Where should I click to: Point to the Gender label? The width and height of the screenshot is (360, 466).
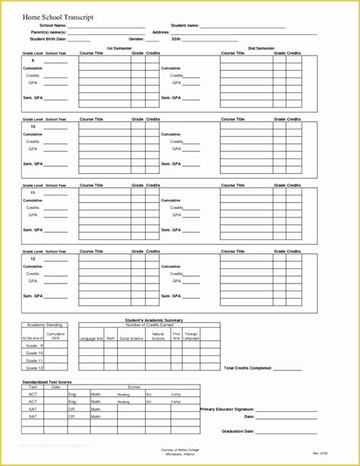137,39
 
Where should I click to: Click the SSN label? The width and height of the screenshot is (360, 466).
176,39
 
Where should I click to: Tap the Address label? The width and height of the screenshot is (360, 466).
161,33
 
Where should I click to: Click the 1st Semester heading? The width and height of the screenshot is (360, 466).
116,48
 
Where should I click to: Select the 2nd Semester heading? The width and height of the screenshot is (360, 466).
261,48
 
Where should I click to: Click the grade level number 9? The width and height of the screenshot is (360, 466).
32,62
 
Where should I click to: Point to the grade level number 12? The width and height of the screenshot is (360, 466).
33,259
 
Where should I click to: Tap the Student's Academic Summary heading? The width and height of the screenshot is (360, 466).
153,320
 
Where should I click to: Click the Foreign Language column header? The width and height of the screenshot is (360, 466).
191,336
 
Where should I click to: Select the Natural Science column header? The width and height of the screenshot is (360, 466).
158,336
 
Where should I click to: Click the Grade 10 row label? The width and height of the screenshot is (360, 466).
34,353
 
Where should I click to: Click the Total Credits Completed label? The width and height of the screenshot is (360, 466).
248,368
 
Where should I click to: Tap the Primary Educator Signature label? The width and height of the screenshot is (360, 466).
227,410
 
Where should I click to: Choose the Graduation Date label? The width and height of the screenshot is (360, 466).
238,431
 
